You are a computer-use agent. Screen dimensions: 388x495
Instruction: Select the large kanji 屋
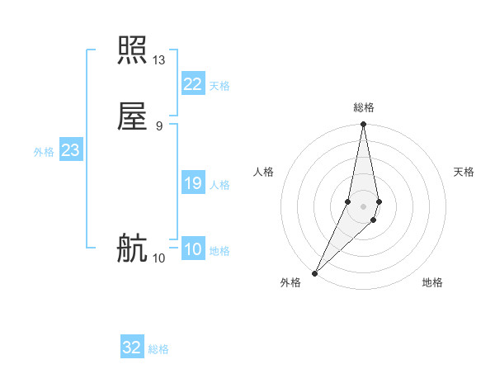click(132, 116)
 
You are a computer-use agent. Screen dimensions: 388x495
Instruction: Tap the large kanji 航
click(132, 248)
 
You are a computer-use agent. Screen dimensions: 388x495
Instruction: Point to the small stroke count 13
click(159, 60)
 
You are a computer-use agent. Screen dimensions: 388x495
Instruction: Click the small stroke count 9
click(159, 125)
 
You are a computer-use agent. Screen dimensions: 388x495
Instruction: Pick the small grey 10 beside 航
click(159, 258)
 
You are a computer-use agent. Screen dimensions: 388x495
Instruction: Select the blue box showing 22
click(192, 84)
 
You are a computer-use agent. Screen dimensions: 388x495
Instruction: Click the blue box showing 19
click(192, 183)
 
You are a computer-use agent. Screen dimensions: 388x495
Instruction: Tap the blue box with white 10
click(192, 249)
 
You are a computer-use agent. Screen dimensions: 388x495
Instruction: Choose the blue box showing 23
click(70, 150)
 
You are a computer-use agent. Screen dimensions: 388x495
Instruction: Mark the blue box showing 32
click(132, 348)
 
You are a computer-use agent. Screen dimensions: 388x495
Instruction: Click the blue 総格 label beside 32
click(158, 349)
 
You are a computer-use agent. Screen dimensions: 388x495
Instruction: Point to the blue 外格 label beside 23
click(44, 152)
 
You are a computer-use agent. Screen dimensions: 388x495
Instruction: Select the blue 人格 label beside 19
click(219, 185)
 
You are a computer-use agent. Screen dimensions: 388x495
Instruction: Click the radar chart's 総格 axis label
click(364, 107)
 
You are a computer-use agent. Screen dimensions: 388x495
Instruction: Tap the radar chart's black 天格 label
click(464, 172)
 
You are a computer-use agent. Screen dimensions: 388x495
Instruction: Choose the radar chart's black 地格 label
click(432, 282)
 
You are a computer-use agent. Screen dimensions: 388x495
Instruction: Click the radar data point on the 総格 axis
click(363, 125)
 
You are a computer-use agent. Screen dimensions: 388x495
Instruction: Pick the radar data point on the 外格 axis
click(314, 272)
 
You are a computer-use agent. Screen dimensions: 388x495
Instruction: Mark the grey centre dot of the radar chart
click(363, 206)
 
